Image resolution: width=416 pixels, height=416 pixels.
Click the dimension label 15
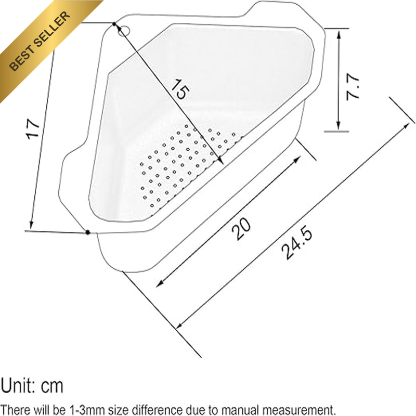pos(180,89)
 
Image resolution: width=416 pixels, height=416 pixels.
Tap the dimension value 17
pos(33,128)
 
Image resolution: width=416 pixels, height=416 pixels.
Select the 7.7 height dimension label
pos(353,87)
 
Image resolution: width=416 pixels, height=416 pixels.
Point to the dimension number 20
pos(241,229)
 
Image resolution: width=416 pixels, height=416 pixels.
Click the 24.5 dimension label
pos(297,242)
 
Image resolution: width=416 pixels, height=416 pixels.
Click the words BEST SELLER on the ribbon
pos(40,41)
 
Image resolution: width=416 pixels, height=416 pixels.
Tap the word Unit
pos(17,385)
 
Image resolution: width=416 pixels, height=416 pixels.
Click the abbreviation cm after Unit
pos(52,386)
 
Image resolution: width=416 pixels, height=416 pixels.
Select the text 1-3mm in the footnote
pos(86,409)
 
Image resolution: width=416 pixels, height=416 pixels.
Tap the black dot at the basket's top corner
pos(114,24)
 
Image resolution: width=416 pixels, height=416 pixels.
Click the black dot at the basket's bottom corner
pos(88,232)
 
